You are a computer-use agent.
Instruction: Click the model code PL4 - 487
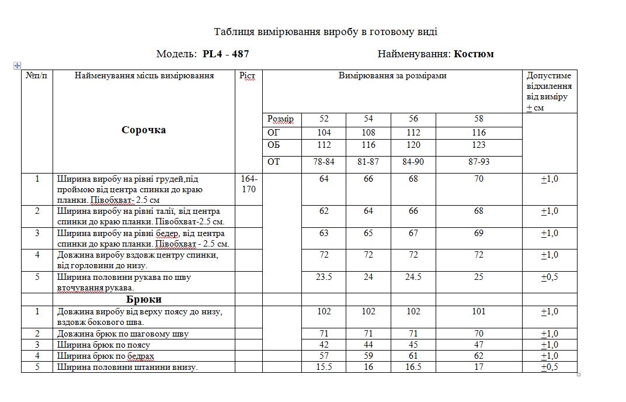(225, 54)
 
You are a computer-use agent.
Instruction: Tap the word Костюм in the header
(474, 54)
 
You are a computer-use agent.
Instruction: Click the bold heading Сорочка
(144, 130)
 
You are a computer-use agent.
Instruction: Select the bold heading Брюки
(144, 300)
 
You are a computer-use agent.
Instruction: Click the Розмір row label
(280, 119)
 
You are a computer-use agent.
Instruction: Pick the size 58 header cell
(479, 119)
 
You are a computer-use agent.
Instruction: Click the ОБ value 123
(479, 145)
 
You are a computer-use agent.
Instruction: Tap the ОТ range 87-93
(479, 162)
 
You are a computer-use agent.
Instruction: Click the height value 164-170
(249, 184)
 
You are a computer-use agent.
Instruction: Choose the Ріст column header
(248, 76)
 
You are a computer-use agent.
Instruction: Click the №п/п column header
(37, 76)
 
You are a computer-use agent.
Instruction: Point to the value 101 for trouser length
(479, 311)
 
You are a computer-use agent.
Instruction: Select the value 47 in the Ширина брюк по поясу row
(479, 345)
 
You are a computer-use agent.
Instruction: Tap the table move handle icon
(17, 65)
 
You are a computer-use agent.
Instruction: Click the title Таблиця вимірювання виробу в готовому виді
(325, 32)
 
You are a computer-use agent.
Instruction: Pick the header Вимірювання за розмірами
(392, 76)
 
